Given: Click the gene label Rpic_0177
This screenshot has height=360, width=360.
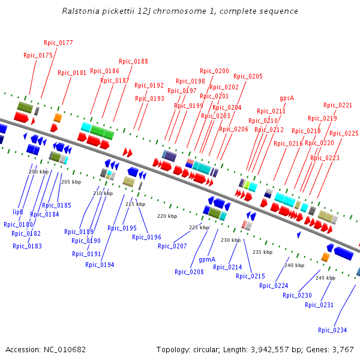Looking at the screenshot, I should tap(58, 43).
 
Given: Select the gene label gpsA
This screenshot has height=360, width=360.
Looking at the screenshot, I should tap(287, 98).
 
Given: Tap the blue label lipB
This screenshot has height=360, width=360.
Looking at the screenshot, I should tap(18, 212).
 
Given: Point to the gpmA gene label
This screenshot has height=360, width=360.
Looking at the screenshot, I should tap(207, 260).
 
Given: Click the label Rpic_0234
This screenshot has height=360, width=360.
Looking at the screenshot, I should tap(332, 330).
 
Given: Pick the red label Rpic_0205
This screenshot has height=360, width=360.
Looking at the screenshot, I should tap(248, 76).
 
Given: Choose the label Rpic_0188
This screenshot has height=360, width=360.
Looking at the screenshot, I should tap(133, 61).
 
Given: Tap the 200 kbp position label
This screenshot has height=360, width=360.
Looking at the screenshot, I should tap(38, 172).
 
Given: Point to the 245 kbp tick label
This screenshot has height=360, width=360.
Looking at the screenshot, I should tap(325, 278).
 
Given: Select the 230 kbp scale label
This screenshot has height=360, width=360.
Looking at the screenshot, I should tap(230, 240).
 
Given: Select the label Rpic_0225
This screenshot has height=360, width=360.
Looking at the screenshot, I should tap(344, 133).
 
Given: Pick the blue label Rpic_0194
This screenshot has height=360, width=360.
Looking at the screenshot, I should tap(99, 265).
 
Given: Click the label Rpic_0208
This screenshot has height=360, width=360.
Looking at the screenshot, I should tap(189, 272).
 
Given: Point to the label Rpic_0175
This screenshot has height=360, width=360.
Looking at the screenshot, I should tap(38, 55).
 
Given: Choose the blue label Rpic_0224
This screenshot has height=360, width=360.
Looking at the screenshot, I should tap(274, 286).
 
